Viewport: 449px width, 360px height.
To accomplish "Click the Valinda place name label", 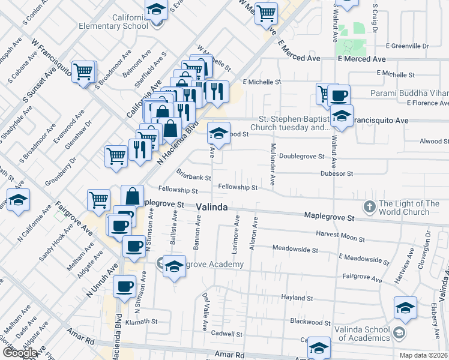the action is click(x=212, y=207).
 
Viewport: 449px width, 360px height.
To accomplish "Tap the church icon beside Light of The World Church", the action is click(x=369, y=208).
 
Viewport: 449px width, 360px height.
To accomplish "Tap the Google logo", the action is click(x=20, y=353).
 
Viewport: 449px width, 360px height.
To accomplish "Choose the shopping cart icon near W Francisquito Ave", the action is click(x=84, y=72).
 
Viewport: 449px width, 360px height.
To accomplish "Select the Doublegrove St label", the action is click(x=302, y=156).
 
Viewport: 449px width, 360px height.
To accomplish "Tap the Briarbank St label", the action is click(x=193, y=177).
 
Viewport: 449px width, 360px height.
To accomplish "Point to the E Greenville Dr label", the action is click(x=408, y=46).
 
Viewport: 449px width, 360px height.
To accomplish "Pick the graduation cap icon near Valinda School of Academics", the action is click(x=405, y=308).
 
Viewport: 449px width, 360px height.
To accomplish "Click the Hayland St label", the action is click(x=297, y=298).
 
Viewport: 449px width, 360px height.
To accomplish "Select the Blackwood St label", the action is click(x=310, y=322).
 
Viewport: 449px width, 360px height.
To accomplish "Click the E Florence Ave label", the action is click(x=427, y=103).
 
